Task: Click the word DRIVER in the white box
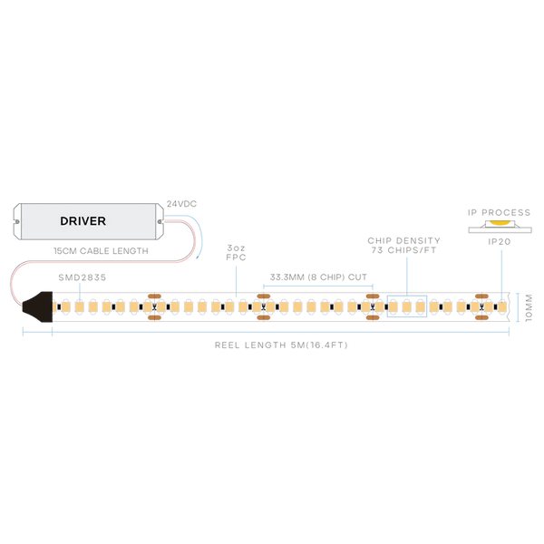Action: (x=83, y=220)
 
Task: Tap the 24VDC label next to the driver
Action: (x=182, y=205)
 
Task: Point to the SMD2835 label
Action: (x=81, y=274)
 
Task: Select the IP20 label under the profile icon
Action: (x=498, y=241)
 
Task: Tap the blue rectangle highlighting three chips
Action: (x=407, y=306)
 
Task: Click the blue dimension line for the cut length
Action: (x=316, y=284)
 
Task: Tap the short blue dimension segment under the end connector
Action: (x=37, y=335)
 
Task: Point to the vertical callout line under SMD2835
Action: (x=81, y=289)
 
